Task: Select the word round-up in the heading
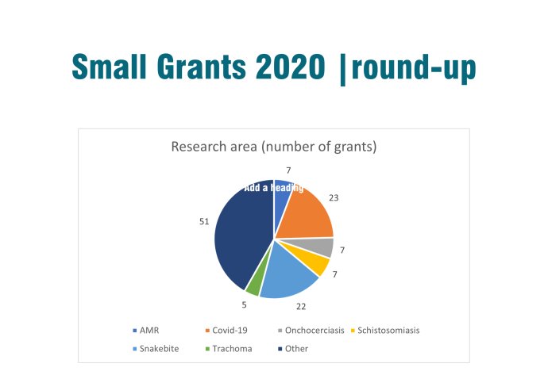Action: (x=414, y=69)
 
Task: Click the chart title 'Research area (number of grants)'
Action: (x=273, y=147)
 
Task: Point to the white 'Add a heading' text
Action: (x=273, y=188)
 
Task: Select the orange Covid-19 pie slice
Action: (x=306, y=212)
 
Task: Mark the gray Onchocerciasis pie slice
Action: (x=323, y=247)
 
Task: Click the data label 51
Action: (x=203, y=222)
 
